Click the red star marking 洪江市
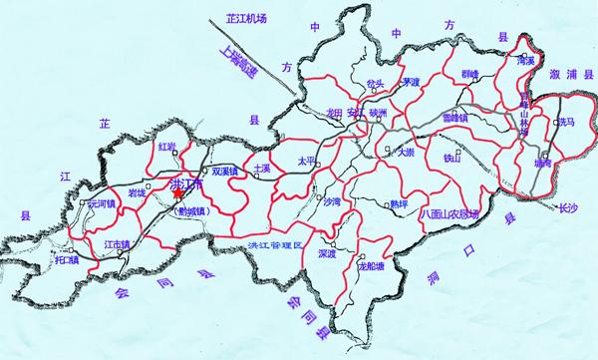(x=177, y=194)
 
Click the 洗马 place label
(x=565, y=122)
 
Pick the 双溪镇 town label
(x=227, y=171)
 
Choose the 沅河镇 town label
(x=102, y=203)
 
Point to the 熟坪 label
(x=399, y=203)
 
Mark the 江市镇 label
(x=117, y=243)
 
